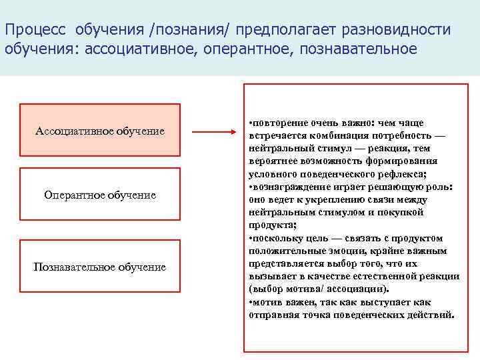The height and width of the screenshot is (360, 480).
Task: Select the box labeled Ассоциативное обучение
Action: pos(100,131)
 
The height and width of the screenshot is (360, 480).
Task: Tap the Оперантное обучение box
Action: pos(100,195)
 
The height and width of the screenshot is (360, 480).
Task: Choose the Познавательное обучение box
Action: pos(100,267)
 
